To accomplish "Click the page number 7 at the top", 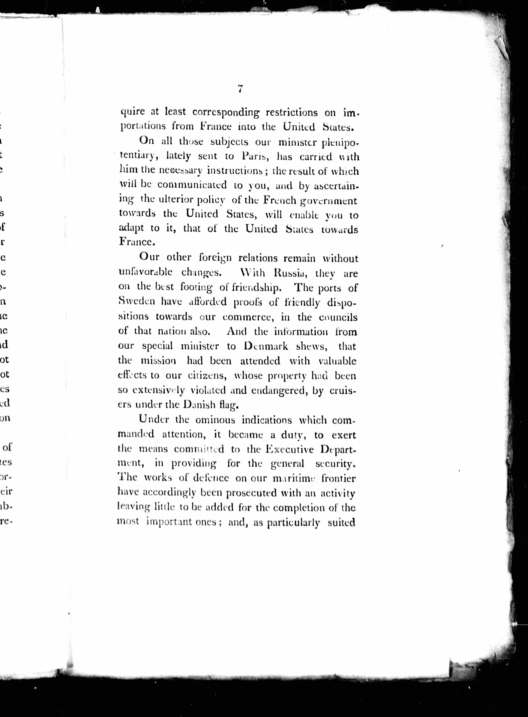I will click(240, 88).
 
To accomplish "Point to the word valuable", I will click(337, 361).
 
